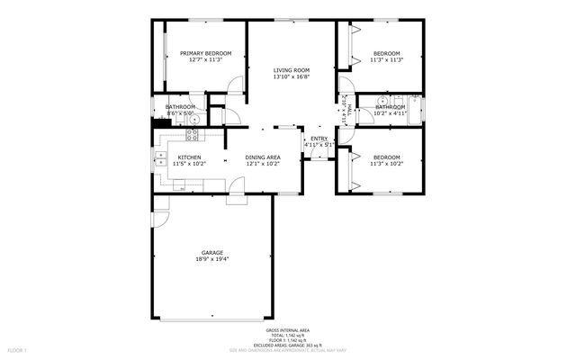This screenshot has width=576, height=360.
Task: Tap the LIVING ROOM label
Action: click(292, 70)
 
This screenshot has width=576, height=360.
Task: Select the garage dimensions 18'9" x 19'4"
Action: click(212, 259)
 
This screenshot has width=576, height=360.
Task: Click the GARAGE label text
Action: click(212, 252)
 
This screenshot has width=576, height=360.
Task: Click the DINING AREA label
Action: click(263, 157)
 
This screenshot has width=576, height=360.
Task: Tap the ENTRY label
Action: click(319, 138)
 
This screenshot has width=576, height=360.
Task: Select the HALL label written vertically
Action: click(344, 114)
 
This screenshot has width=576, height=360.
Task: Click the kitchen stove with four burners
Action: click(192, 136)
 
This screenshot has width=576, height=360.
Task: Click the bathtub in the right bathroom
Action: click(415, 107)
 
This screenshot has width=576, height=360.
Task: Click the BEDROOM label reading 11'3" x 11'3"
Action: click(386, 54)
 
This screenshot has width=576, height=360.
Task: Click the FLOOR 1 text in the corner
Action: click(18, 349)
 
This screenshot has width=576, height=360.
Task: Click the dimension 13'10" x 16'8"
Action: click(292, 76)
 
